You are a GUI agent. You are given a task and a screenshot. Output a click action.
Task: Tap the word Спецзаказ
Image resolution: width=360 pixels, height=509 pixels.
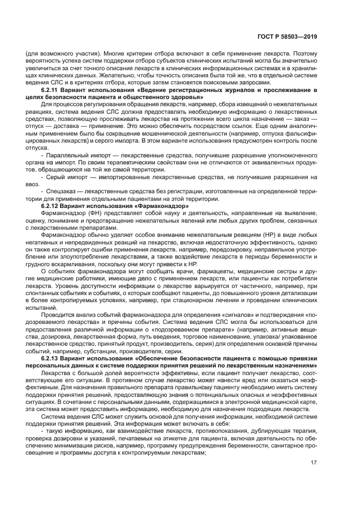tap(59, 192)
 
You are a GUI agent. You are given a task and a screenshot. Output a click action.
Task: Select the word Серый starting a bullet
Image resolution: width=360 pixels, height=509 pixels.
tap(53, 177)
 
